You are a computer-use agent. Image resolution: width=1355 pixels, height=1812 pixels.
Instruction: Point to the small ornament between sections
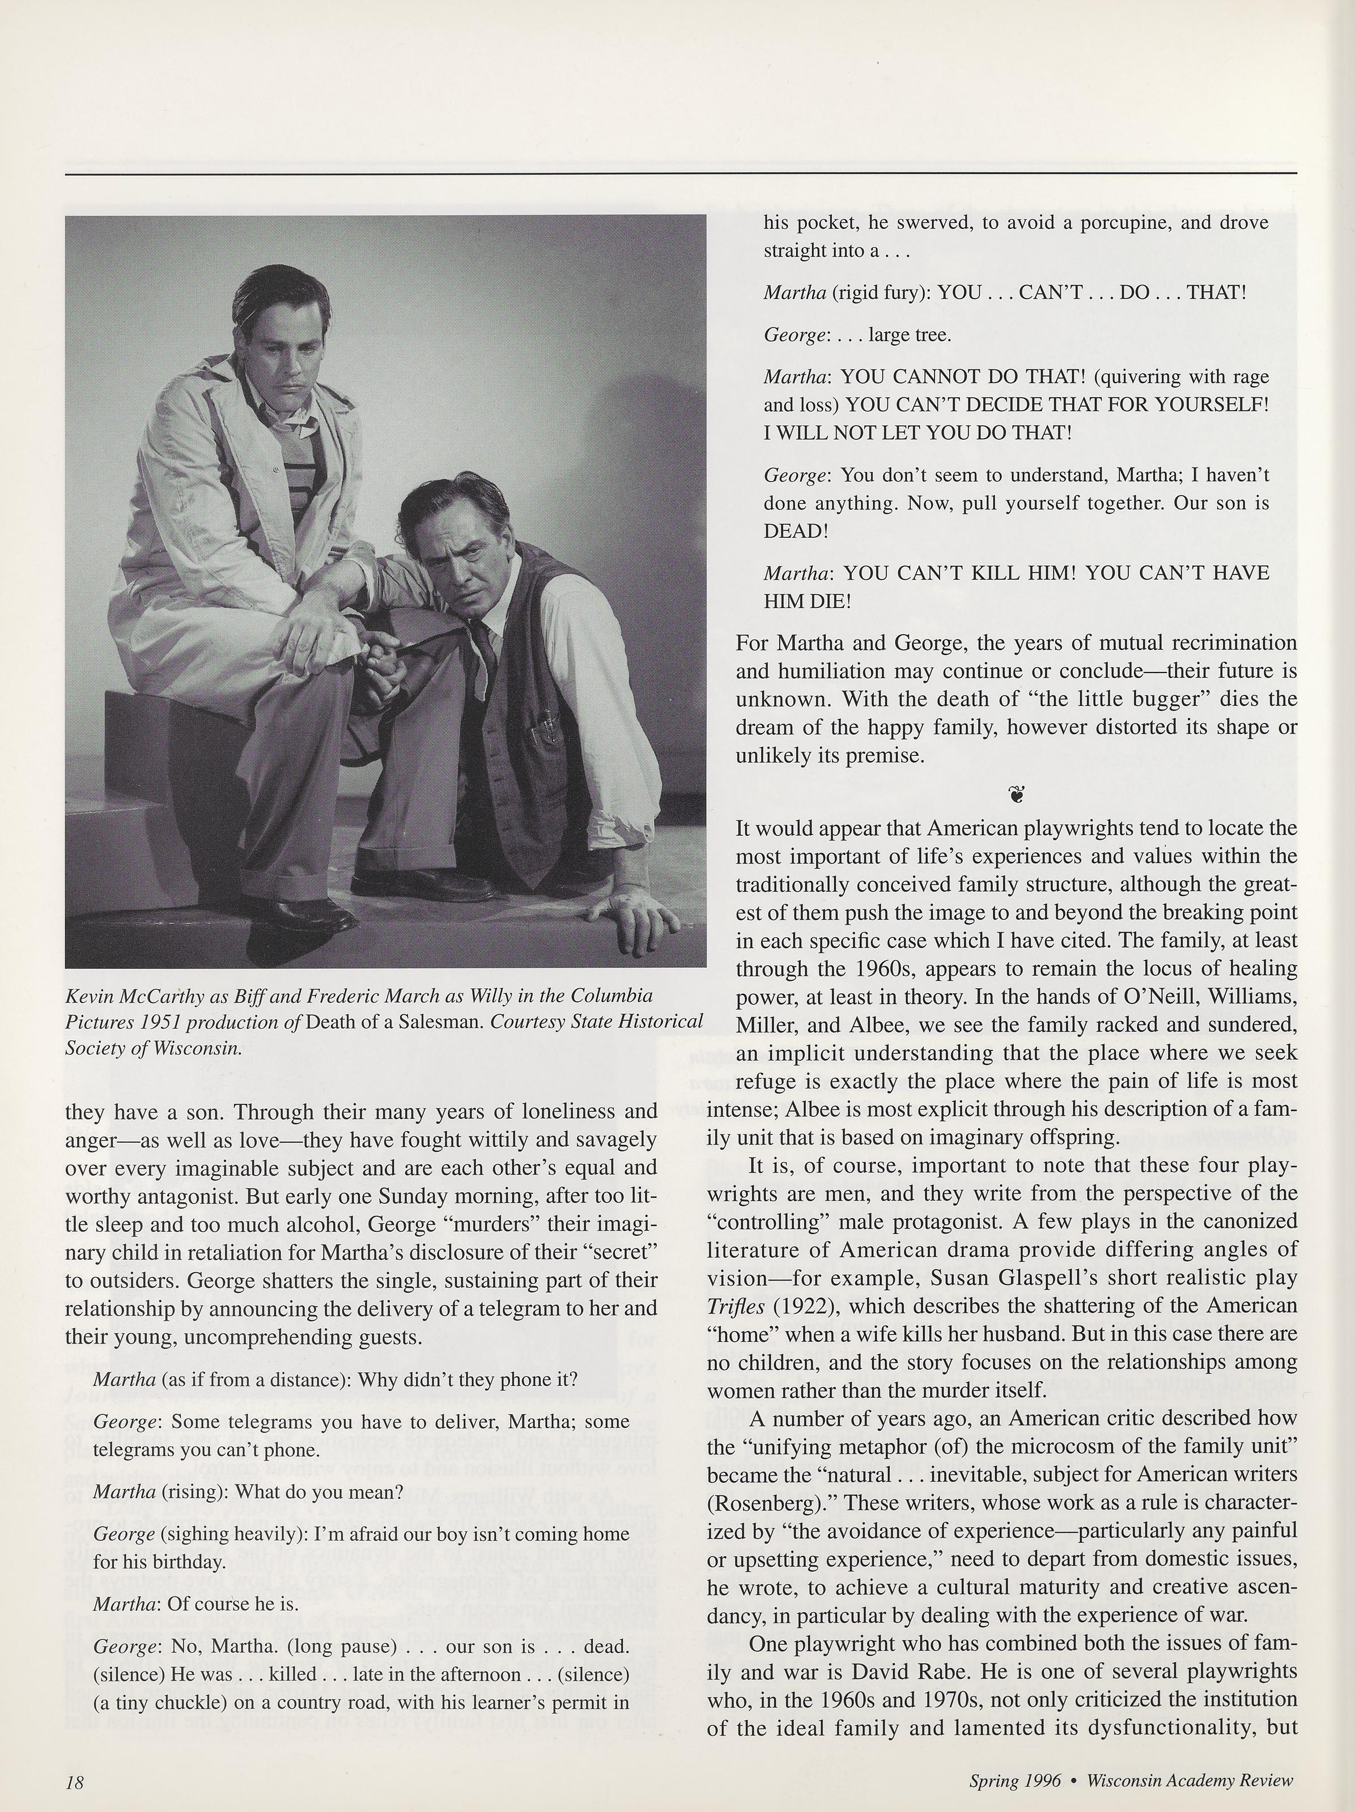pos(1017,793)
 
